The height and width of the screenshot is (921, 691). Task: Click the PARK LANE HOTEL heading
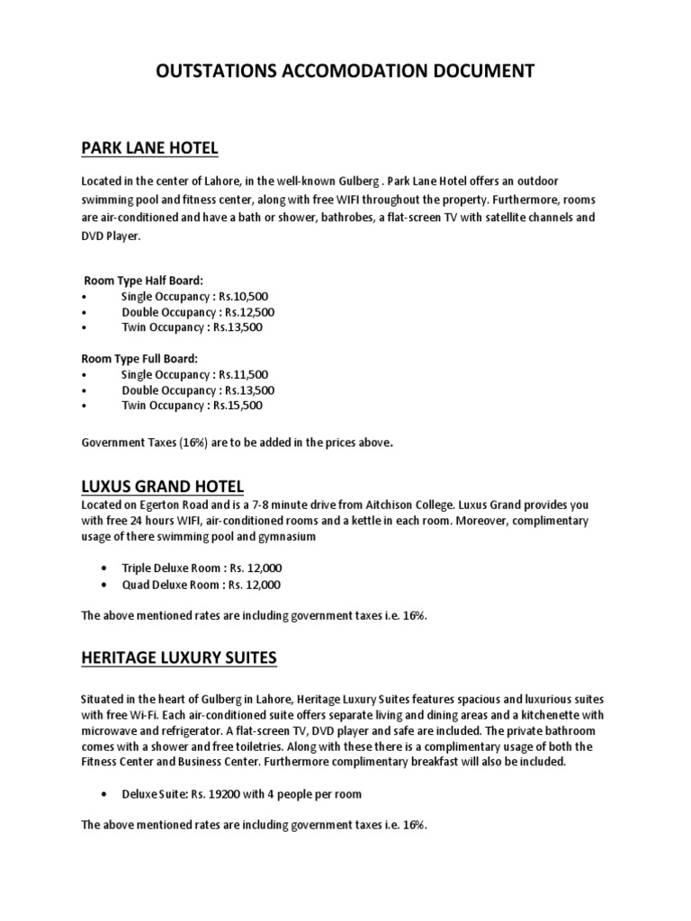click(x=149, y=148)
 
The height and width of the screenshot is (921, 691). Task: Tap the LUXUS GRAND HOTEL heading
click(x=162, y=487)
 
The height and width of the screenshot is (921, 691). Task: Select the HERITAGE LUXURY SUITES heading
click(x=179, y=658)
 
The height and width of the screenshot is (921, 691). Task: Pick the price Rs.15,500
click(x=238, y=406)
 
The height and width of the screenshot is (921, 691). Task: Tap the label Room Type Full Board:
click(x=139, y=359)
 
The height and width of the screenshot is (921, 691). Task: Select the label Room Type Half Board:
click(x=143, y=281)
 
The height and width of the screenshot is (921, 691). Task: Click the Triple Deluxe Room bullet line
click(x=202, y=568)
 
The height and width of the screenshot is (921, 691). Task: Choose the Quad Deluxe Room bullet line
click(x=202, y=585)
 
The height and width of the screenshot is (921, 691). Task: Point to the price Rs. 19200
click(x=237, y=793)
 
